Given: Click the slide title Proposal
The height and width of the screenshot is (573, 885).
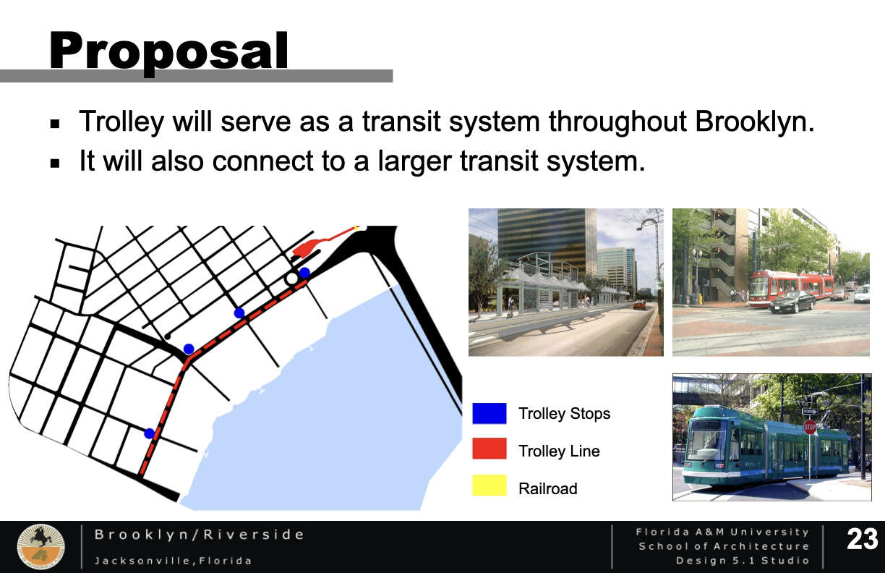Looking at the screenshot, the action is coord(168,51).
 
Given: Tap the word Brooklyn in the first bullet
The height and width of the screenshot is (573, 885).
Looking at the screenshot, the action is coord(754,121).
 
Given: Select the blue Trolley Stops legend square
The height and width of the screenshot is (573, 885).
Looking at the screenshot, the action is coord(489,413).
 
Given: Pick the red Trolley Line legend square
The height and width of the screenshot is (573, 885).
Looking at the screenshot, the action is coord(489,449).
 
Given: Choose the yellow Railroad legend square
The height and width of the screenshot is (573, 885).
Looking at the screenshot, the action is coord(489,485).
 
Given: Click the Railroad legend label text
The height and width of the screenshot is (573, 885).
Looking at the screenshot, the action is coord(547,489).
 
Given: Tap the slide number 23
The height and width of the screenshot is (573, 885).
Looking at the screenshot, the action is coord(862,540).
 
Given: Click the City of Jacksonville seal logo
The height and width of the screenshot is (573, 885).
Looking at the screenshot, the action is coord(40,546).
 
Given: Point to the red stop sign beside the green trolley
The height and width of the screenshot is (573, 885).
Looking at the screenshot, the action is coord(810,427).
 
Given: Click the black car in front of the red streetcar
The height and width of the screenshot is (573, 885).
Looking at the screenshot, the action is coord(792,302).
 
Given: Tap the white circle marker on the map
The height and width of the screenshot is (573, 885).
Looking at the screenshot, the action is coord(292,279).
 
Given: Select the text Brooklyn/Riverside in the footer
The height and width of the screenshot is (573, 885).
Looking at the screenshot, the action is coord(200,535).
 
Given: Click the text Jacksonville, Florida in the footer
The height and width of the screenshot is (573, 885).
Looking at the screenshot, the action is coord(173,561).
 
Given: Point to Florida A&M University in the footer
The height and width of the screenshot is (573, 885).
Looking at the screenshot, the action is coord(722,532).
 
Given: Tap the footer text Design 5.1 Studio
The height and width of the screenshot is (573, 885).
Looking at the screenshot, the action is coord(743,561).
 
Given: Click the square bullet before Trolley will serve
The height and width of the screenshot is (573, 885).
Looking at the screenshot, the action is coord(55,124).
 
